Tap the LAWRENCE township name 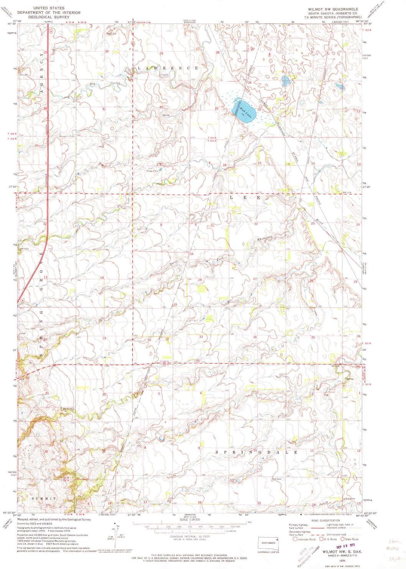(x=167, y=68)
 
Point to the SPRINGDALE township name (x=256, y=452)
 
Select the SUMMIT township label (x=44, y=499)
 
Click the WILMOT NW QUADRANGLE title (x=333, y=9)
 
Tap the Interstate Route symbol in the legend (x=295, y=539)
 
